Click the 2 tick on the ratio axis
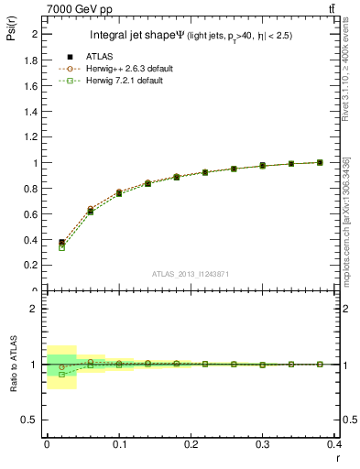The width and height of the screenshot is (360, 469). tap(37, 309)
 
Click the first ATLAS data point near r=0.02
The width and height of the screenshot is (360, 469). tap(62, 243)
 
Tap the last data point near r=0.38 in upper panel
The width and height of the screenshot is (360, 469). tap(320, 162)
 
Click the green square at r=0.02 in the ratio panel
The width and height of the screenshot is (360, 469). tap(62, 374)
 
